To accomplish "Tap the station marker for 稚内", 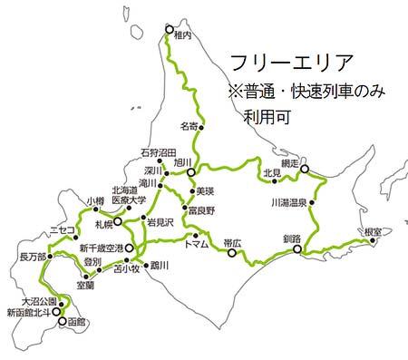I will coord(169,30).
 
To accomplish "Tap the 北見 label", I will coord(269,172).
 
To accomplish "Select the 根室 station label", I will coord(372,231).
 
